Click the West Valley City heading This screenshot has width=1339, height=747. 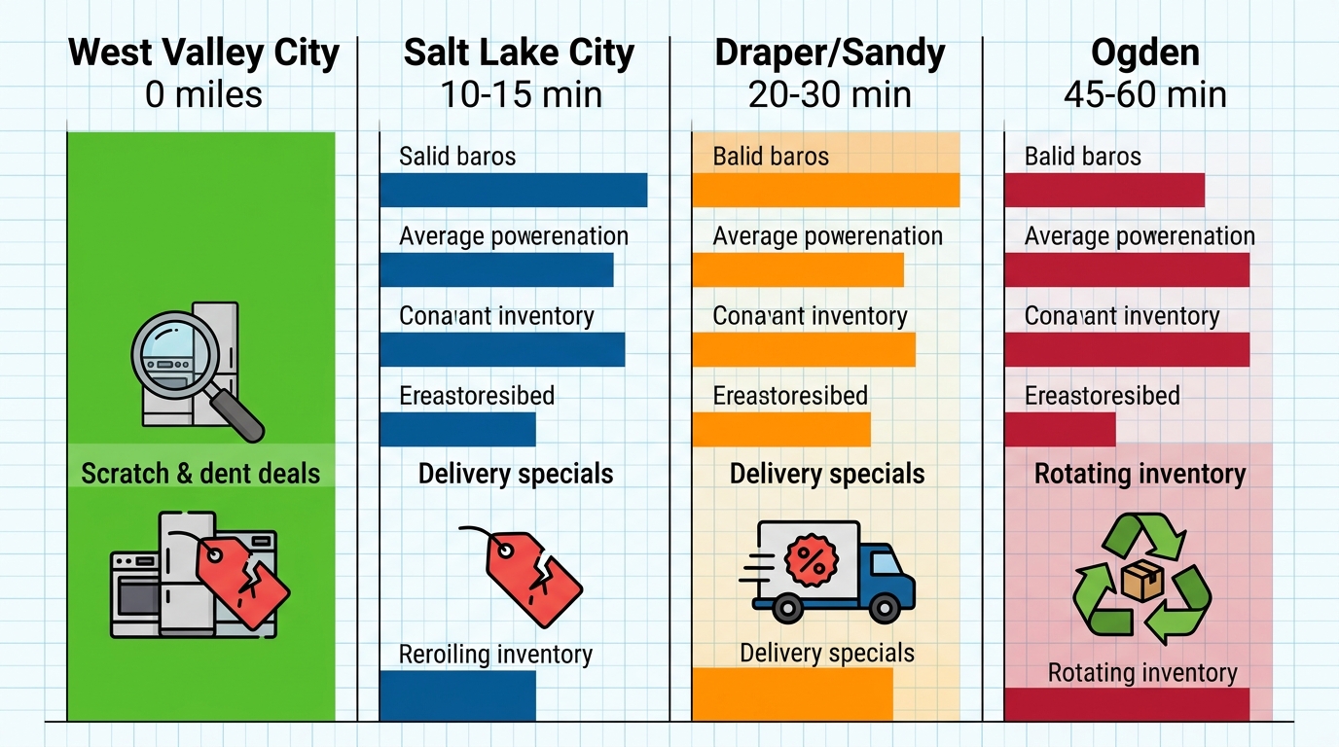tap(204, 53)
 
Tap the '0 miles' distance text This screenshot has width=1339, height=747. tap(204, 94)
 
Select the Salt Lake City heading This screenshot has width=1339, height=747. tap(520, 53)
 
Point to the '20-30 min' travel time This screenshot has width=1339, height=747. tap(829, 94)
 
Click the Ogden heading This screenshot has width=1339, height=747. tap(1144, 53)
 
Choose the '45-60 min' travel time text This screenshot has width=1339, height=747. tap(1144, 94)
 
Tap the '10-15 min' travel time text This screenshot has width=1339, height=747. tap(521, 94)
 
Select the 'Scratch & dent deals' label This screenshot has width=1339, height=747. tap(200, 474)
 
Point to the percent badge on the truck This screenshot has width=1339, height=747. tap(808, 558)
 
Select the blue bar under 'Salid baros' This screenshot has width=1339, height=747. tap(513, 190)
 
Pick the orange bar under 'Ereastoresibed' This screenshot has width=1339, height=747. tap(780, 429)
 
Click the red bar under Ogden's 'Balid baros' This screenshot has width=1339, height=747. tap(1104, 190)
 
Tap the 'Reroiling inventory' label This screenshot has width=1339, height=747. tap(495, 655)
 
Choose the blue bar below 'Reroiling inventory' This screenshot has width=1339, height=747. tap(457, 695)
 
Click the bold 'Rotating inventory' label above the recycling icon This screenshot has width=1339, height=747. tap(1140, 474)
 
